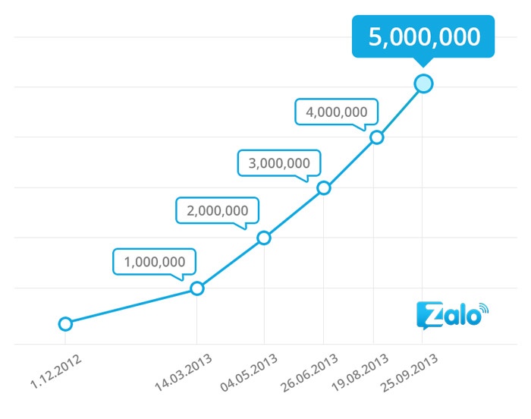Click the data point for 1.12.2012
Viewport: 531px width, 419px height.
coord(65,324)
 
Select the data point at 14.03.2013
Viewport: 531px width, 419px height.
coord(197,288)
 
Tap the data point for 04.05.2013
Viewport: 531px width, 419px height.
coord(264,238)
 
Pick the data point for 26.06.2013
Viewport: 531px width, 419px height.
coord(324,187)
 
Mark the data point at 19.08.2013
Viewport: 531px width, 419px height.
coord(376,137)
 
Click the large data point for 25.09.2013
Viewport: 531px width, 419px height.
coord(424,83)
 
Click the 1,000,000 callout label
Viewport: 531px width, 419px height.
coord(155,262)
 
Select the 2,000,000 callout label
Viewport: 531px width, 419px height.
coord(217,210)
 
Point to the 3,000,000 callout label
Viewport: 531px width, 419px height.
coord(278,162)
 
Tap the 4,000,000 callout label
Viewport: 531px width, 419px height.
coord(336,112)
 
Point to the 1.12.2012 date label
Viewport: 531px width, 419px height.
coord(57,372)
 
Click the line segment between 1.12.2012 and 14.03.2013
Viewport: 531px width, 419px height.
coord(131,307)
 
